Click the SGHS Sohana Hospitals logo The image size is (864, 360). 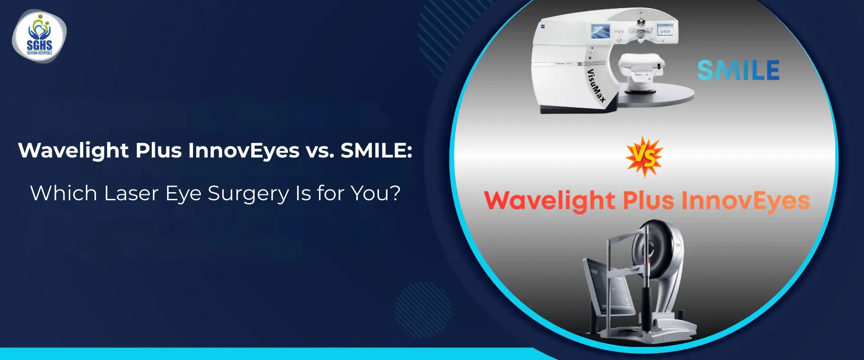tap(39, 36)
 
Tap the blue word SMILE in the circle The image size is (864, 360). tap(738, 71)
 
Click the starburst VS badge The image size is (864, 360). tap(644, 157)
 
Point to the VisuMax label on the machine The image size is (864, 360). tap(596, 85)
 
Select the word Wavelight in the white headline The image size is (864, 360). tap(73, 151)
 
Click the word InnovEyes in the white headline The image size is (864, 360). tap(243, 151)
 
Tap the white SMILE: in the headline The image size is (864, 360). tap(376, 151)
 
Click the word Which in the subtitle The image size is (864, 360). tap(63, 193)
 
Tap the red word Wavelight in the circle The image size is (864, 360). tap(549, 201)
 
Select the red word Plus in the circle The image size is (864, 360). tap(648, 200)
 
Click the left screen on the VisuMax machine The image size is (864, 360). tap(600, 31)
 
